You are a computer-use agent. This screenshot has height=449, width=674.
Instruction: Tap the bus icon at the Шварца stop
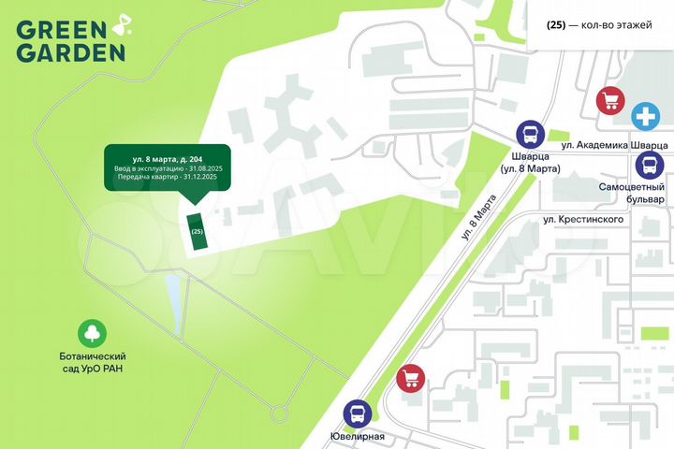tap(529, 135)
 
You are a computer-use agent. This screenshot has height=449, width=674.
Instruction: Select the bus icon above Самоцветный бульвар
tap(649, 166)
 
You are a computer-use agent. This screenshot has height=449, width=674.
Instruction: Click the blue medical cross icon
tap(644, 117)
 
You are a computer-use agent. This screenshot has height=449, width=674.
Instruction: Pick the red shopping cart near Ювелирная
tap(410, 378)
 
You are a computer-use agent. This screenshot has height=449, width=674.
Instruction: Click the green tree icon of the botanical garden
tap(94, 333)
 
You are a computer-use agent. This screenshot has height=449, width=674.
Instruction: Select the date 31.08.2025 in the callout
tap(199, 167)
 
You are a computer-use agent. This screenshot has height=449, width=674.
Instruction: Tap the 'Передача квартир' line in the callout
tap(162, 176)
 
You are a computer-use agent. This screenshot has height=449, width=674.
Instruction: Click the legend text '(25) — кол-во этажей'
tap(599, 25)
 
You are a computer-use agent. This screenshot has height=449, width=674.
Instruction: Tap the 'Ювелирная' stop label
tap(358, 437)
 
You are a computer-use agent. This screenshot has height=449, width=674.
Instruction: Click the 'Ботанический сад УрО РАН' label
tap(94, 362)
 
